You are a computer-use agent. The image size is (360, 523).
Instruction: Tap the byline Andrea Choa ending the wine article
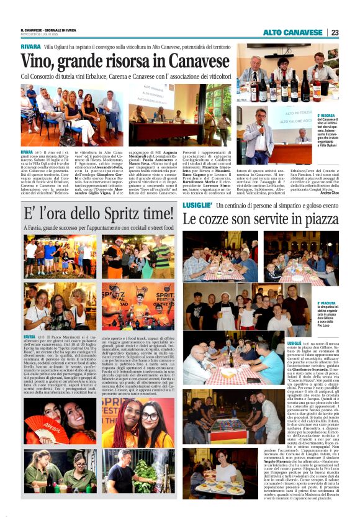(x=326, y=193)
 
